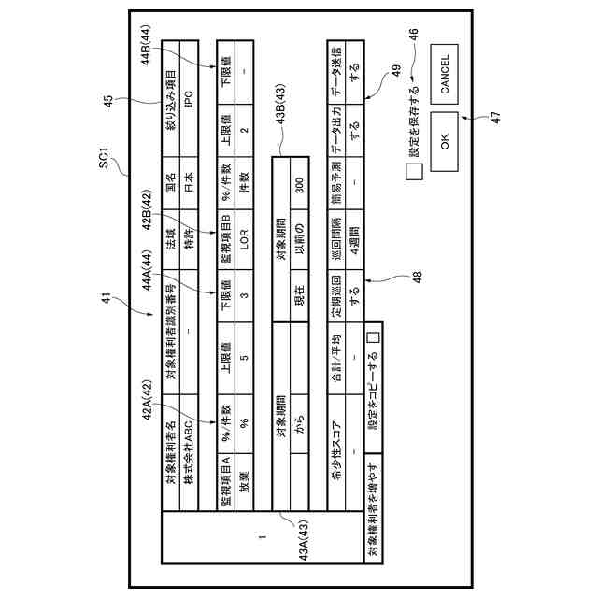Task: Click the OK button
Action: click(x=445, y=141)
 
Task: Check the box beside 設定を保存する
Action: click(x=414, y=172)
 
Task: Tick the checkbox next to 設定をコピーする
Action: click(x=372, y=337)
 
